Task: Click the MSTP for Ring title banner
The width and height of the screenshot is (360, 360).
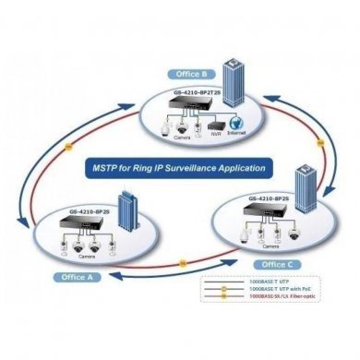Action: (180, 169)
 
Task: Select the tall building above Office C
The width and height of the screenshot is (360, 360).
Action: (306, 190)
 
